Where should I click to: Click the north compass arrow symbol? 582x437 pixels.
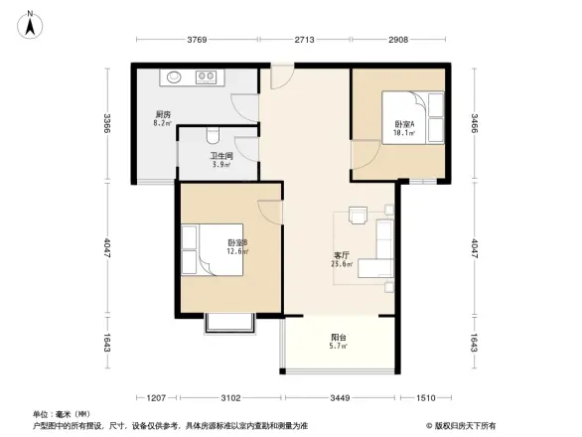coord(31,22)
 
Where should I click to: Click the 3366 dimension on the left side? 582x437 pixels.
coord(106,124)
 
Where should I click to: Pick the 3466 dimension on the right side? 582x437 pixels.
coord(475,124)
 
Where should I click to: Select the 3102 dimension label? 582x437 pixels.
coord(230,398)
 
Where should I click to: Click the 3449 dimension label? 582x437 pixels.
coord(341,398)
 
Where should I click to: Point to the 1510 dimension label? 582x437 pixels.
coord(424,398)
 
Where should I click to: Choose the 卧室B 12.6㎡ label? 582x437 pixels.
coord(235,247)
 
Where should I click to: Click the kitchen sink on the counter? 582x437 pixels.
coord(174,76)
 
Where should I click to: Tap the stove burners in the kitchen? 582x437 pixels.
coord(208,76)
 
